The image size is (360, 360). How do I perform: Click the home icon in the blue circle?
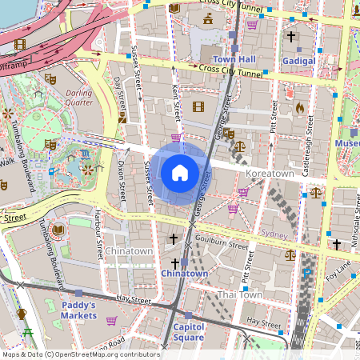pyautogui.click(x=180, y=172)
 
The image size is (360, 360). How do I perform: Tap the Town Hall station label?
pyautogui.click(x=234, y=59)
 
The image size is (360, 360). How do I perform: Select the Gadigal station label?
pyautogui.click(x=298, y=60)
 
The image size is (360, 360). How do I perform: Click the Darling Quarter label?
pyautogui.click(x=78, y=97)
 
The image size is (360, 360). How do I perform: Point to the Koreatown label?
pyautogui.click(x=270, y=173)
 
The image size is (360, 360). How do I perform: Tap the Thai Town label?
pyautogui.click(x=240, y=294)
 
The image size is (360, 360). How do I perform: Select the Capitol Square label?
pyautogui.click(x=189, y=331)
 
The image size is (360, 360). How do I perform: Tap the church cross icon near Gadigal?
pyautogui.click(x=291, y=37)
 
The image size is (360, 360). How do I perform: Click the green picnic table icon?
pyautogui.click(x=29, y=332)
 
